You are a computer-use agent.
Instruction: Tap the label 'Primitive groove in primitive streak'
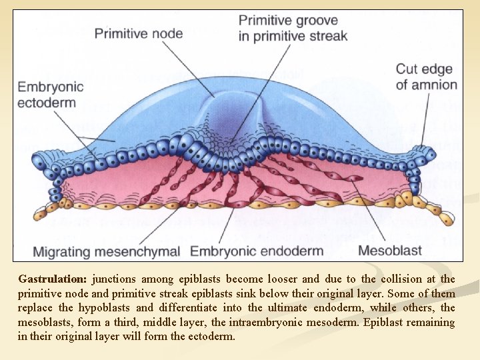click(293, 28)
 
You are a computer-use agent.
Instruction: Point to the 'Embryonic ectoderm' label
click(51, 94)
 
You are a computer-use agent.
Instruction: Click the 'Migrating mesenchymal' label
click(107, 251)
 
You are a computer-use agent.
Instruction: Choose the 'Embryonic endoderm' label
click(257, 251)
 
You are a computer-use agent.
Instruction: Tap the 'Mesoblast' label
click(390, 251)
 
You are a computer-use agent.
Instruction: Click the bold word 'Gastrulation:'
click(52, 279)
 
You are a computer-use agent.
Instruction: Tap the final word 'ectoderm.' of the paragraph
click(213, 337)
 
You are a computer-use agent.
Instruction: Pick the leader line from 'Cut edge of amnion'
click(424, 120)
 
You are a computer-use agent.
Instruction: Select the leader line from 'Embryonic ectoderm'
click(73, 133)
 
